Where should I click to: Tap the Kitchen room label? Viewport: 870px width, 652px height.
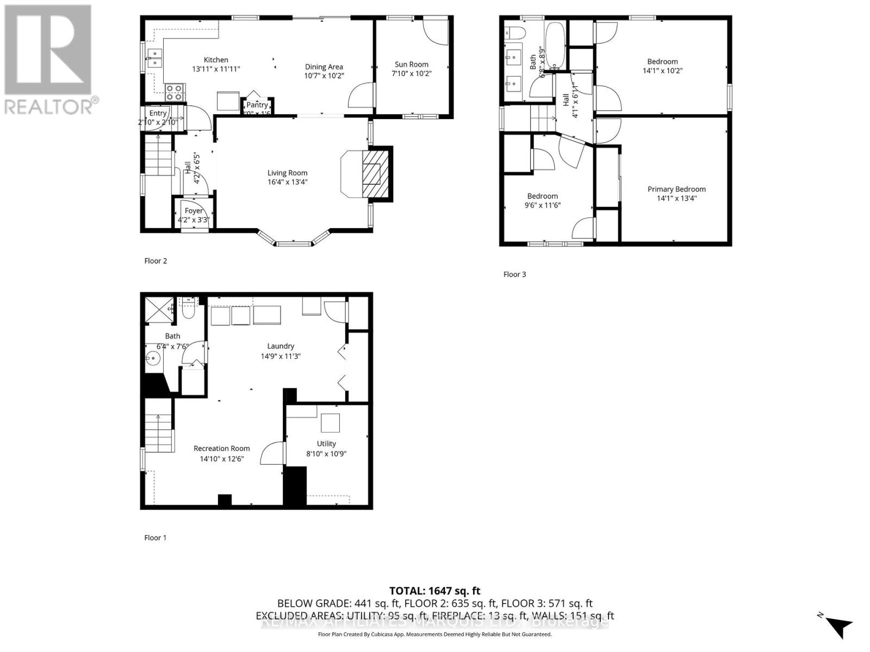coord(216,60)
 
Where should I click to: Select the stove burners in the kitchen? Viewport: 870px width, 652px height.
coord(175,92)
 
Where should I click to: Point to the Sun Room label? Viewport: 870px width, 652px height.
coord(411,64)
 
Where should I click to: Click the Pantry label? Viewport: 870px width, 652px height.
coord(257,105)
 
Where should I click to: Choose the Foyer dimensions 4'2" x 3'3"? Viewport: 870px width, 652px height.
coord(194,220)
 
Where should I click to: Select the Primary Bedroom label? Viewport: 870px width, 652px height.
coord(676,189)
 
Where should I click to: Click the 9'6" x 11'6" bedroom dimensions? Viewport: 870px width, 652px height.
coord(542,205)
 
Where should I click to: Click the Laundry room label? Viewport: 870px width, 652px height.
coord(281,346)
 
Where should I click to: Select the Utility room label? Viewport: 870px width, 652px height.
coord(326,443)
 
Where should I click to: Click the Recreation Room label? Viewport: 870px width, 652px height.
coord(221,448)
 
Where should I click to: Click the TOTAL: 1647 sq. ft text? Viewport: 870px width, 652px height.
coord(434,591)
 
